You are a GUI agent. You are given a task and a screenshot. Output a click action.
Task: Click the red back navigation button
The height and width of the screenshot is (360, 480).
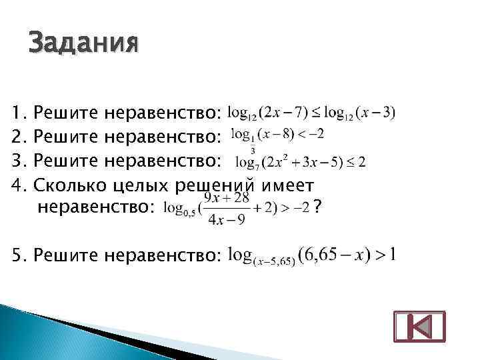pos(419,328)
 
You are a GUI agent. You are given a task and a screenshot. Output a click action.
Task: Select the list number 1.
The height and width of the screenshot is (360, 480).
pos(18,113)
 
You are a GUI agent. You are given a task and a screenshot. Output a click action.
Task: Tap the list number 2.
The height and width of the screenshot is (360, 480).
pos(18,137)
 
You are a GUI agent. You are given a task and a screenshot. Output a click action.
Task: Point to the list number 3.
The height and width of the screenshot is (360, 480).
pos(18,161)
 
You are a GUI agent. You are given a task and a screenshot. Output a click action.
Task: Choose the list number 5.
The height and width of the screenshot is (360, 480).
pos(18,255)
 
